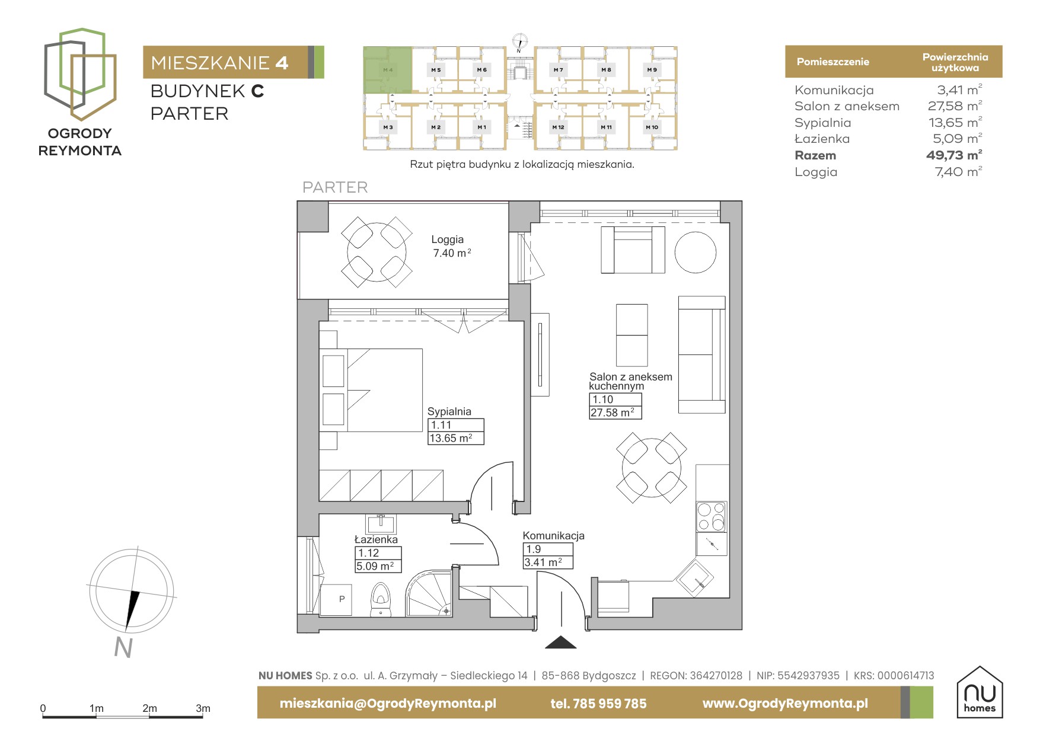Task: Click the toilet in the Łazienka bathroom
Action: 380,599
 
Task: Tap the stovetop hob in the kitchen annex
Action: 711,516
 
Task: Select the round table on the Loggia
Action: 377,251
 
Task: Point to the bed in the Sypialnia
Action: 372,390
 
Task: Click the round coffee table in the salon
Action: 696,252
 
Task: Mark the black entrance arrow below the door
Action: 560,642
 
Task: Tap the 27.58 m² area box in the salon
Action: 615,413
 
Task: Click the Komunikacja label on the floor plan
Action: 553,535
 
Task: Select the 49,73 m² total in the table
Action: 954,155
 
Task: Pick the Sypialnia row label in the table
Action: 822,123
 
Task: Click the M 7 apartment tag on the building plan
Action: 558,70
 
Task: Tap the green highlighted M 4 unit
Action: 388,70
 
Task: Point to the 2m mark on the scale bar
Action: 149,708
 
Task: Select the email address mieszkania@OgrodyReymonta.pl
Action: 388,704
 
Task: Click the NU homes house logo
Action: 980,692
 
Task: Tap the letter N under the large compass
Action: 123,648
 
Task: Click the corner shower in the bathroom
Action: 429,593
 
